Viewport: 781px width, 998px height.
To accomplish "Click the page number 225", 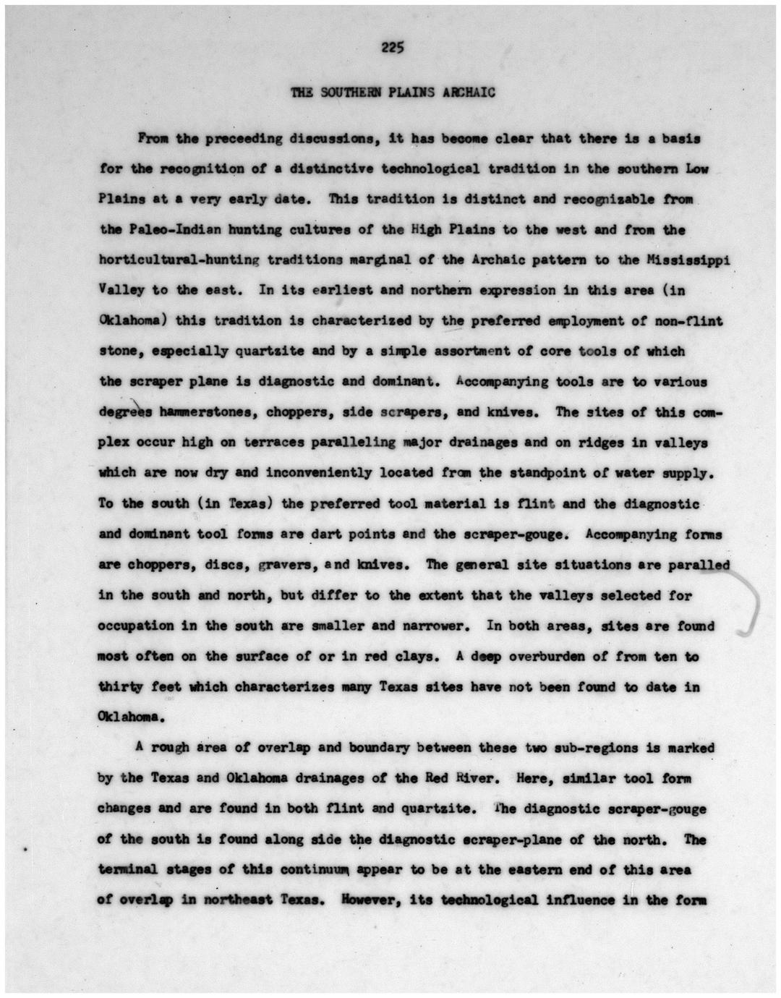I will pyautogui.click(x=392, y=48).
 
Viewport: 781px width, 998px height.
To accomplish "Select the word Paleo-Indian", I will pyautogui.click(x=169, y=229).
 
